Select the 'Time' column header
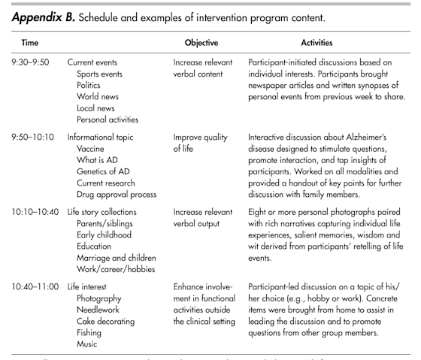point(31,43)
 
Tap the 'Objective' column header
point(201,43)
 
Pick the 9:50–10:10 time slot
point(32,139)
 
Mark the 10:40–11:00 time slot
point(35,288)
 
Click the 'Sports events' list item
point(102,75)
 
